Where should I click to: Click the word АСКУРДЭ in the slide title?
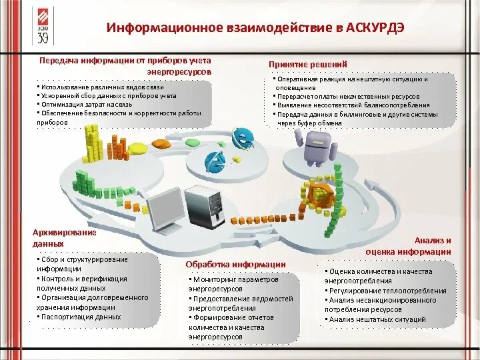pos(370,29)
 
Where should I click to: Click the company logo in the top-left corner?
pos(42,25)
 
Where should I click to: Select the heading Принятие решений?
pos(307,63)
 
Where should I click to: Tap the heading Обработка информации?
pos(235,265)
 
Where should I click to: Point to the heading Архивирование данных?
pos(65,238)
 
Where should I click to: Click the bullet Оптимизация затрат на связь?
pos(87,105)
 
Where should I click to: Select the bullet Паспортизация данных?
pos(81,317)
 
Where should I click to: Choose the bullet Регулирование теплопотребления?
pos(387,291)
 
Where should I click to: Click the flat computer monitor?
pos(164,207)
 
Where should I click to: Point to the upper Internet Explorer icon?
pos(243,138)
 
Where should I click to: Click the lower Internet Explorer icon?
pos(215,161)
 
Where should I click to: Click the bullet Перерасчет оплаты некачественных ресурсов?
pos(348,97)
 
